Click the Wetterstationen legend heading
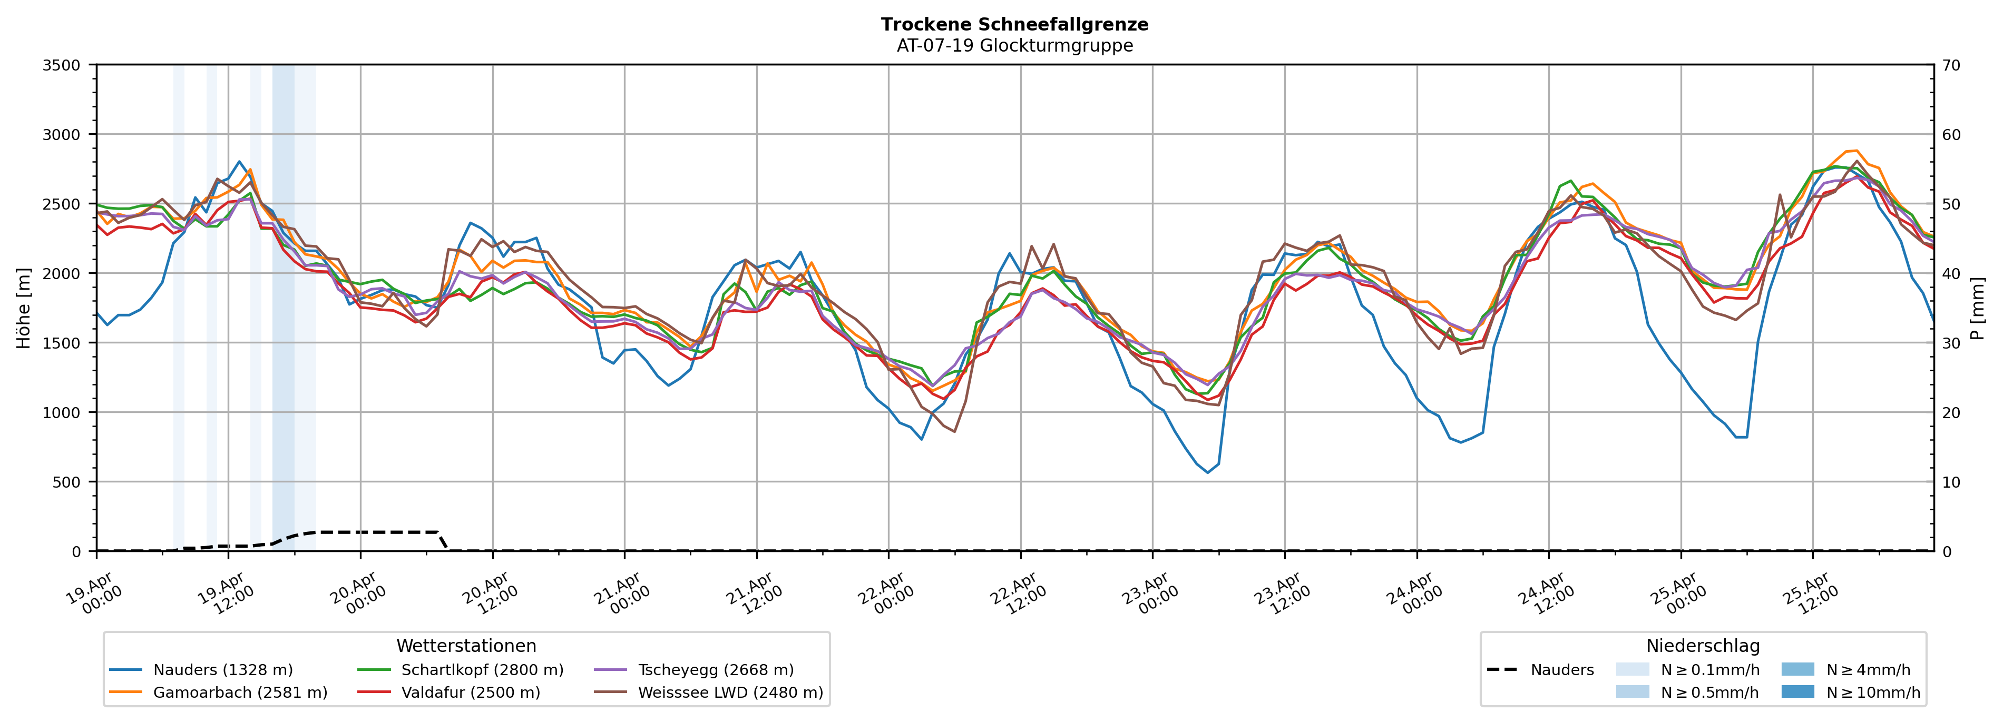466,646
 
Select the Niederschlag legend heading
1702,646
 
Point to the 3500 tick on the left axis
62,65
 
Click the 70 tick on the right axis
1951,65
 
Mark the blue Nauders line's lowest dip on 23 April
1208,472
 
